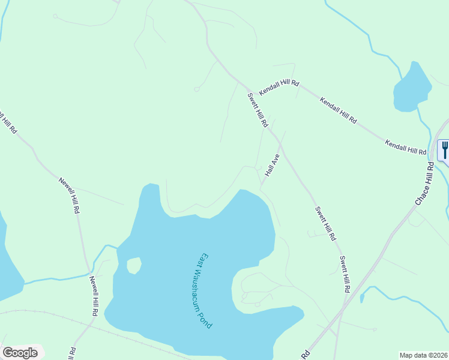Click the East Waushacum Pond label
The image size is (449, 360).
[x=205, y=289]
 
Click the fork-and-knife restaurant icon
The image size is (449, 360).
[x=444, y=149]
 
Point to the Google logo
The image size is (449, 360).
[x=20, y=352]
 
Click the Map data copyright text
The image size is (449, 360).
[x=424, y=355]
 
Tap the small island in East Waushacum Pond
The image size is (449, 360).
[x=134, y=265]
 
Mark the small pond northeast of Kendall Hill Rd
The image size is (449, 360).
[x=412, y=88]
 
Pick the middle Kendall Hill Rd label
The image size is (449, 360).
[x=338, y=110]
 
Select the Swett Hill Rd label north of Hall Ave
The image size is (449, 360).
[x=258, y=110]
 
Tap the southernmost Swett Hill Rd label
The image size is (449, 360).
[x=345, y=274]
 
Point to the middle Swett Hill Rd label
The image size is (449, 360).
[x=325, y=224]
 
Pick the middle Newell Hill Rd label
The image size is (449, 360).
[x=69, y=196]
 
